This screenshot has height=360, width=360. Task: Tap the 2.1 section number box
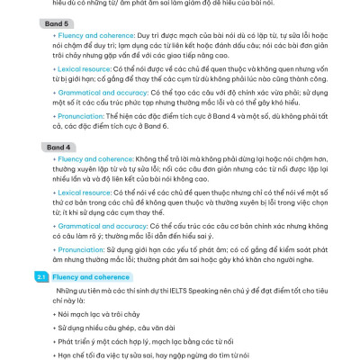(x=42, y=277)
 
